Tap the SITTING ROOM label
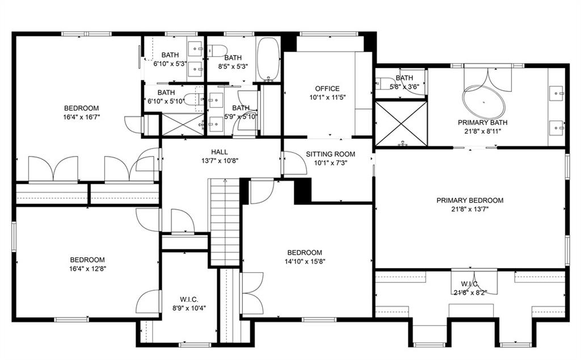(330, 154)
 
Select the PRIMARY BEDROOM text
(470, 200)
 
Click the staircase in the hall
(225, 221)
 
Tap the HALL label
(220, 152)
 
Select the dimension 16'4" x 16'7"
(81, 117)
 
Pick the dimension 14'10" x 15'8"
(305, 261)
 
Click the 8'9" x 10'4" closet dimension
(189, 308)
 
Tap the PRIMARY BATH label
(483, 122)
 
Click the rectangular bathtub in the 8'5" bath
(268, 60)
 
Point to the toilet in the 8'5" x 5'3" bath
(218, 50)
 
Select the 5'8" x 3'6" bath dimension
(404, 87)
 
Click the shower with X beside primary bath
(401, 123)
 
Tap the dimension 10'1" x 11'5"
(327, 97)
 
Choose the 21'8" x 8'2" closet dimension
(470, 293)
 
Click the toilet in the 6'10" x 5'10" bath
(191, 100)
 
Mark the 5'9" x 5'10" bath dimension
(241, 116)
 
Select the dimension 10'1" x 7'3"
(330, 163)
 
